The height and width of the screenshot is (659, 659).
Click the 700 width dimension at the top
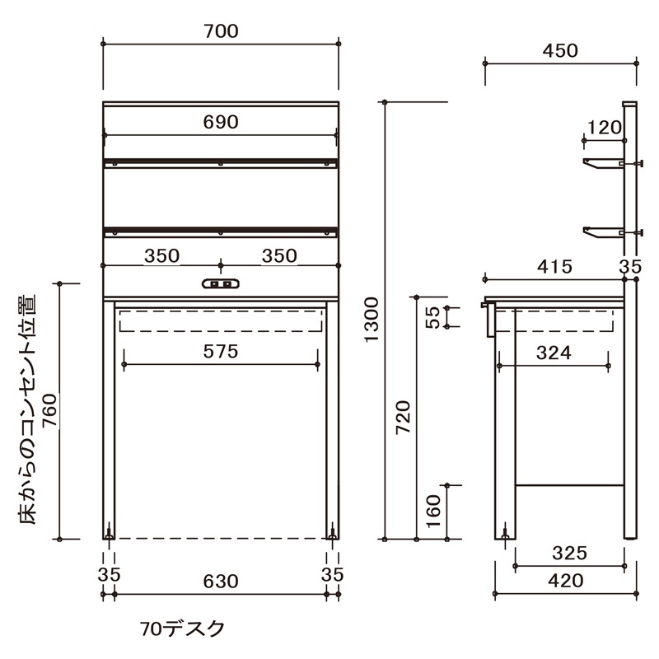coord(221,31)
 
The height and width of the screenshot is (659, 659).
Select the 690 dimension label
coord(221,122)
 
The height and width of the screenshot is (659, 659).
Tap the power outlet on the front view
coord(221,284)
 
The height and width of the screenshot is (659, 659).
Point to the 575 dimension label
coord(221,352)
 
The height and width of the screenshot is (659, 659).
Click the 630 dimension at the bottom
coord(221,582)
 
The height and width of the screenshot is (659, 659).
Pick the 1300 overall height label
coord(372,320)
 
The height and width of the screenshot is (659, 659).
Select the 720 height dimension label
coord(404,418)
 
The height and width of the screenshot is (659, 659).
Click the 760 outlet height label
coord(49,410)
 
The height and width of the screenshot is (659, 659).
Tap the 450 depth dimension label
coord(560,51)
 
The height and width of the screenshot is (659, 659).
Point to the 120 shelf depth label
coord(605,128)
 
